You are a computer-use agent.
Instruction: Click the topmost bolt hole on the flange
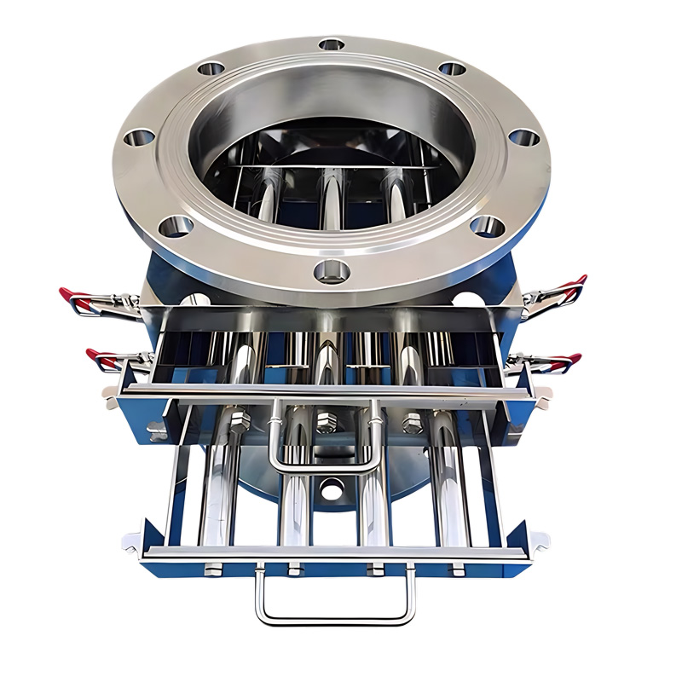tap(332, 43)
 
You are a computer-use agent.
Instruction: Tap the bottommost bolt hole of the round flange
tap(331, 271)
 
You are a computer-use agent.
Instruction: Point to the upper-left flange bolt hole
tap(210, 68)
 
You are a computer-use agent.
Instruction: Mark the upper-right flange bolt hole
tap(452, 68)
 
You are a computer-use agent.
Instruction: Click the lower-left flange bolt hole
tap(176, 226)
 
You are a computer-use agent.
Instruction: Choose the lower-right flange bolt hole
tap(487, 226)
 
